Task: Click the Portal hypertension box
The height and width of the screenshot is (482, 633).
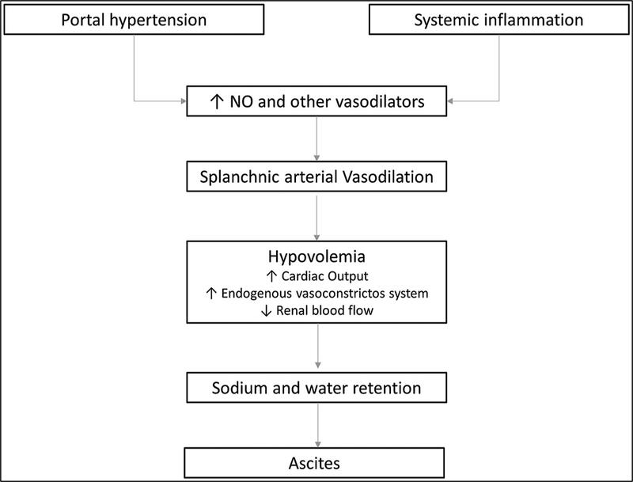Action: (x=134, y=20)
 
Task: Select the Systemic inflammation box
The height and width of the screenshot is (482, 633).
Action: (x=499, y=20)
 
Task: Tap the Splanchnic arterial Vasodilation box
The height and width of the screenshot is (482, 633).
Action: (x=316, y=176)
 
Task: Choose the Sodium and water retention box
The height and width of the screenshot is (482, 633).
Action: (x=316, y=388)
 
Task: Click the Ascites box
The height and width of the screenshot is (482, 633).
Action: (x=314, y=463)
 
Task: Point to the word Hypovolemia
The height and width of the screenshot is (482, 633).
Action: (x=316, y=256)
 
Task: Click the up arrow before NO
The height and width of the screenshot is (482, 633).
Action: (x=217, y=102)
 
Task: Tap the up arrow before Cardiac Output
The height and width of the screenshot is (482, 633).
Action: (x=271, y=276)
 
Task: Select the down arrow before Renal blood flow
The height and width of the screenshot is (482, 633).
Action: (x=266, y=310)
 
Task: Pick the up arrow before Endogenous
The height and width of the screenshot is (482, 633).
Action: (x=211, y=294)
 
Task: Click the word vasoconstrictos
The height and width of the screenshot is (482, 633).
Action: (x=340, y=294)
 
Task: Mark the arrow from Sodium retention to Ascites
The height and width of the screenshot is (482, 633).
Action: (x=318, y=425)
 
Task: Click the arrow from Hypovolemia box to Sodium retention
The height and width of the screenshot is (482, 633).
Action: (x=318, y=346)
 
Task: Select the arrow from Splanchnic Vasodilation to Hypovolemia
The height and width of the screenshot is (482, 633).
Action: (x=317, y=218)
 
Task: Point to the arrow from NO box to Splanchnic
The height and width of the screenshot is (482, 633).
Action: (x=317, y=139)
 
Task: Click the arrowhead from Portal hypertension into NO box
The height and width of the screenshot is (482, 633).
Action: (x=184, y=101)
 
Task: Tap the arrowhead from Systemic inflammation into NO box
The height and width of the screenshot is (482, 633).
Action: (x=450, y=101)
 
